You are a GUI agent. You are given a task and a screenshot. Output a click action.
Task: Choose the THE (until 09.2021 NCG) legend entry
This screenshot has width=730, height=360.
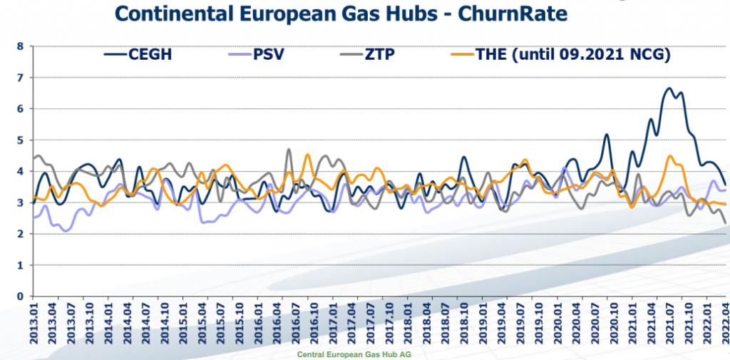click(x=563, y=54)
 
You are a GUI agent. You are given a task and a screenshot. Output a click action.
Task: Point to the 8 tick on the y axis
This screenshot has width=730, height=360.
click(x=21, y=46)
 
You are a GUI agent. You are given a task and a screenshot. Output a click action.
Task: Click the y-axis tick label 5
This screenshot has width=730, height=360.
click(x=21, y=140)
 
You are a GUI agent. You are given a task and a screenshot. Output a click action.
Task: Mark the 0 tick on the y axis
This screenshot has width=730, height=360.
click(x=21, y=297)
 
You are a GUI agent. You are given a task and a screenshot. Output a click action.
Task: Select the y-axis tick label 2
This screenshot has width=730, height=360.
click(x=21, y=234)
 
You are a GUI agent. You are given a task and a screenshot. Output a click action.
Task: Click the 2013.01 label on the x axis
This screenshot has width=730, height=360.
click(x=33, y=325)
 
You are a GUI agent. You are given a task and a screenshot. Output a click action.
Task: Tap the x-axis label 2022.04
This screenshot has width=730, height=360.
click(x=725, y=325)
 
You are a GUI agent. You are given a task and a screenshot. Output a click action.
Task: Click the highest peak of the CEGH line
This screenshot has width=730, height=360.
click(x=669, y=88)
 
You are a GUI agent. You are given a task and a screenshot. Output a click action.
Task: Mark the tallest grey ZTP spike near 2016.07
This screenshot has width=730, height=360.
click(x=289, y=150)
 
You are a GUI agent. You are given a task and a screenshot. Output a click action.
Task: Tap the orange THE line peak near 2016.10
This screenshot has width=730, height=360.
click(x=308, y=155)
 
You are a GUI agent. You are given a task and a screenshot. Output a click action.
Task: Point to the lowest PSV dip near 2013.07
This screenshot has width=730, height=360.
click(x=66, y=231)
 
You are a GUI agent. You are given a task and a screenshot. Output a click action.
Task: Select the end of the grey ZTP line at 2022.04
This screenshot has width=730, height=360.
click(x=725, y=223)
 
